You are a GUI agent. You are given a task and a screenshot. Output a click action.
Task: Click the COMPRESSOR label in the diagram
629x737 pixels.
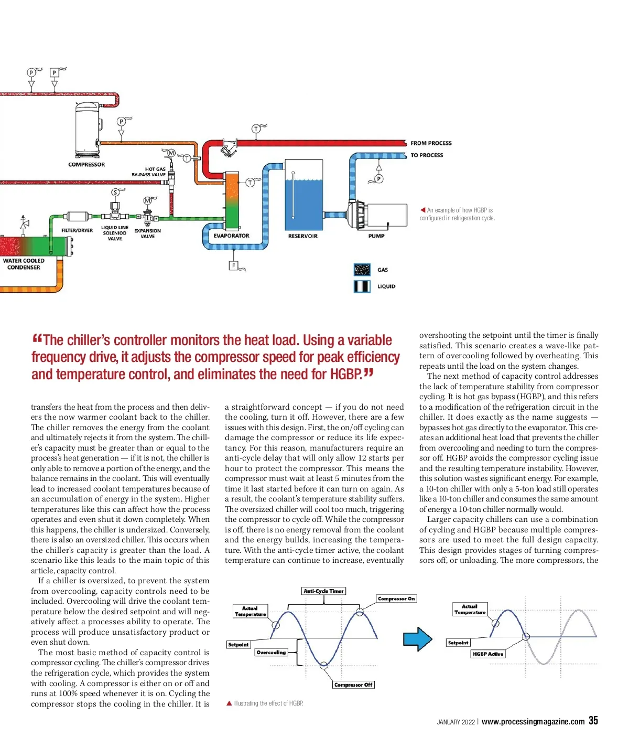(86, 165)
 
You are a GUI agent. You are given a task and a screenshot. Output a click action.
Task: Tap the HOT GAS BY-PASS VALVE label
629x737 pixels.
(148, 172)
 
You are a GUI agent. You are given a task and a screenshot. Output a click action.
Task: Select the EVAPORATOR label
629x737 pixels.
(231, 236)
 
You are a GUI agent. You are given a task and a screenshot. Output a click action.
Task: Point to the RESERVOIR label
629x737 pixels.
(303, 237)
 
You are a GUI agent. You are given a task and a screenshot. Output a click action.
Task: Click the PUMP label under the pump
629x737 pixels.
(376, 236)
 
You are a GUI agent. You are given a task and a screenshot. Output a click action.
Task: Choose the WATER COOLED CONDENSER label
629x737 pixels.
(24, 264)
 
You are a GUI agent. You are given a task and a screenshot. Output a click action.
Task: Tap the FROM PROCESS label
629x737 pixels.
(431, 143)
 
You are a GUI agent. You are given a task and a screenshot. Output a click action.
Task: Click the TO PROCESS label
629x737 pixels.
(427, 155)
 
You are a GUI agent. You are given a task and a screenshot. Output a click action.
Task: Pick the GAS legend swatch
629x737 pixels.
(362, 270)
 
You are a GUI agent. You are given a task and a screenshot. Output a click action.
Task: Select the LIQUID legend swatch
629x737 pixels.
(362, 286)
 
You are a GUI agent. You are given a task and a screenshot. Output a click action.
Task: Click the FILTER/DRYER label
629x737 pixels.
(77, 231)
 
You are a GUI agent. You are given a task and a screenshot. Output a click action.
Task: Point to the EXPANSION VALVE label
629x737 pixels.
(147, 233)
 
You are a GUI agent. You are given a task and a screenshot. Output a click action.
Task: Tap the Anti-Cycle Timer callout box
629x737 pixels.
(323, 591)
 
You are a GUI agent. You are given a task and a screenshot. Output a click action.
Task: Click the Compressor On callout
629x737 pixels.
(396, 599)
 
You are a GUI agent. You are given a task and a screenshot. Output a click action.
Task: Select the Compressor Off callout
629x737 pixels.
(353, 685)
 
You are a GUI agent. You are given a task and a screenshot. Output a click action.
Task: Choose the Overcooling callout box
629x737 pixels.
(271, 653)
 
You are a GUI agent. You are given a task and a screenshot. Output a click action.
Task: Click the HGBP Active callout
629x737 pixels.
(487, 654)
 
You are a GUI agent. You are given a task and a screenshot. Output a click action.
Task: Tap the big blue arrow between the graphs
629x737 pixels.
(417, 639)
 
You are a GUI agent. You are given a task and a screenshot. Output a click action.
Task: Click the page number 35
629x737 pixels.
(593, 721)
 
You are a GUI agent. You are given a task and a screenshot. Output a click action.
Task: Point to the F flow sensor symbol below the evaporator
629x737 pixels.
(234, 266)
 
